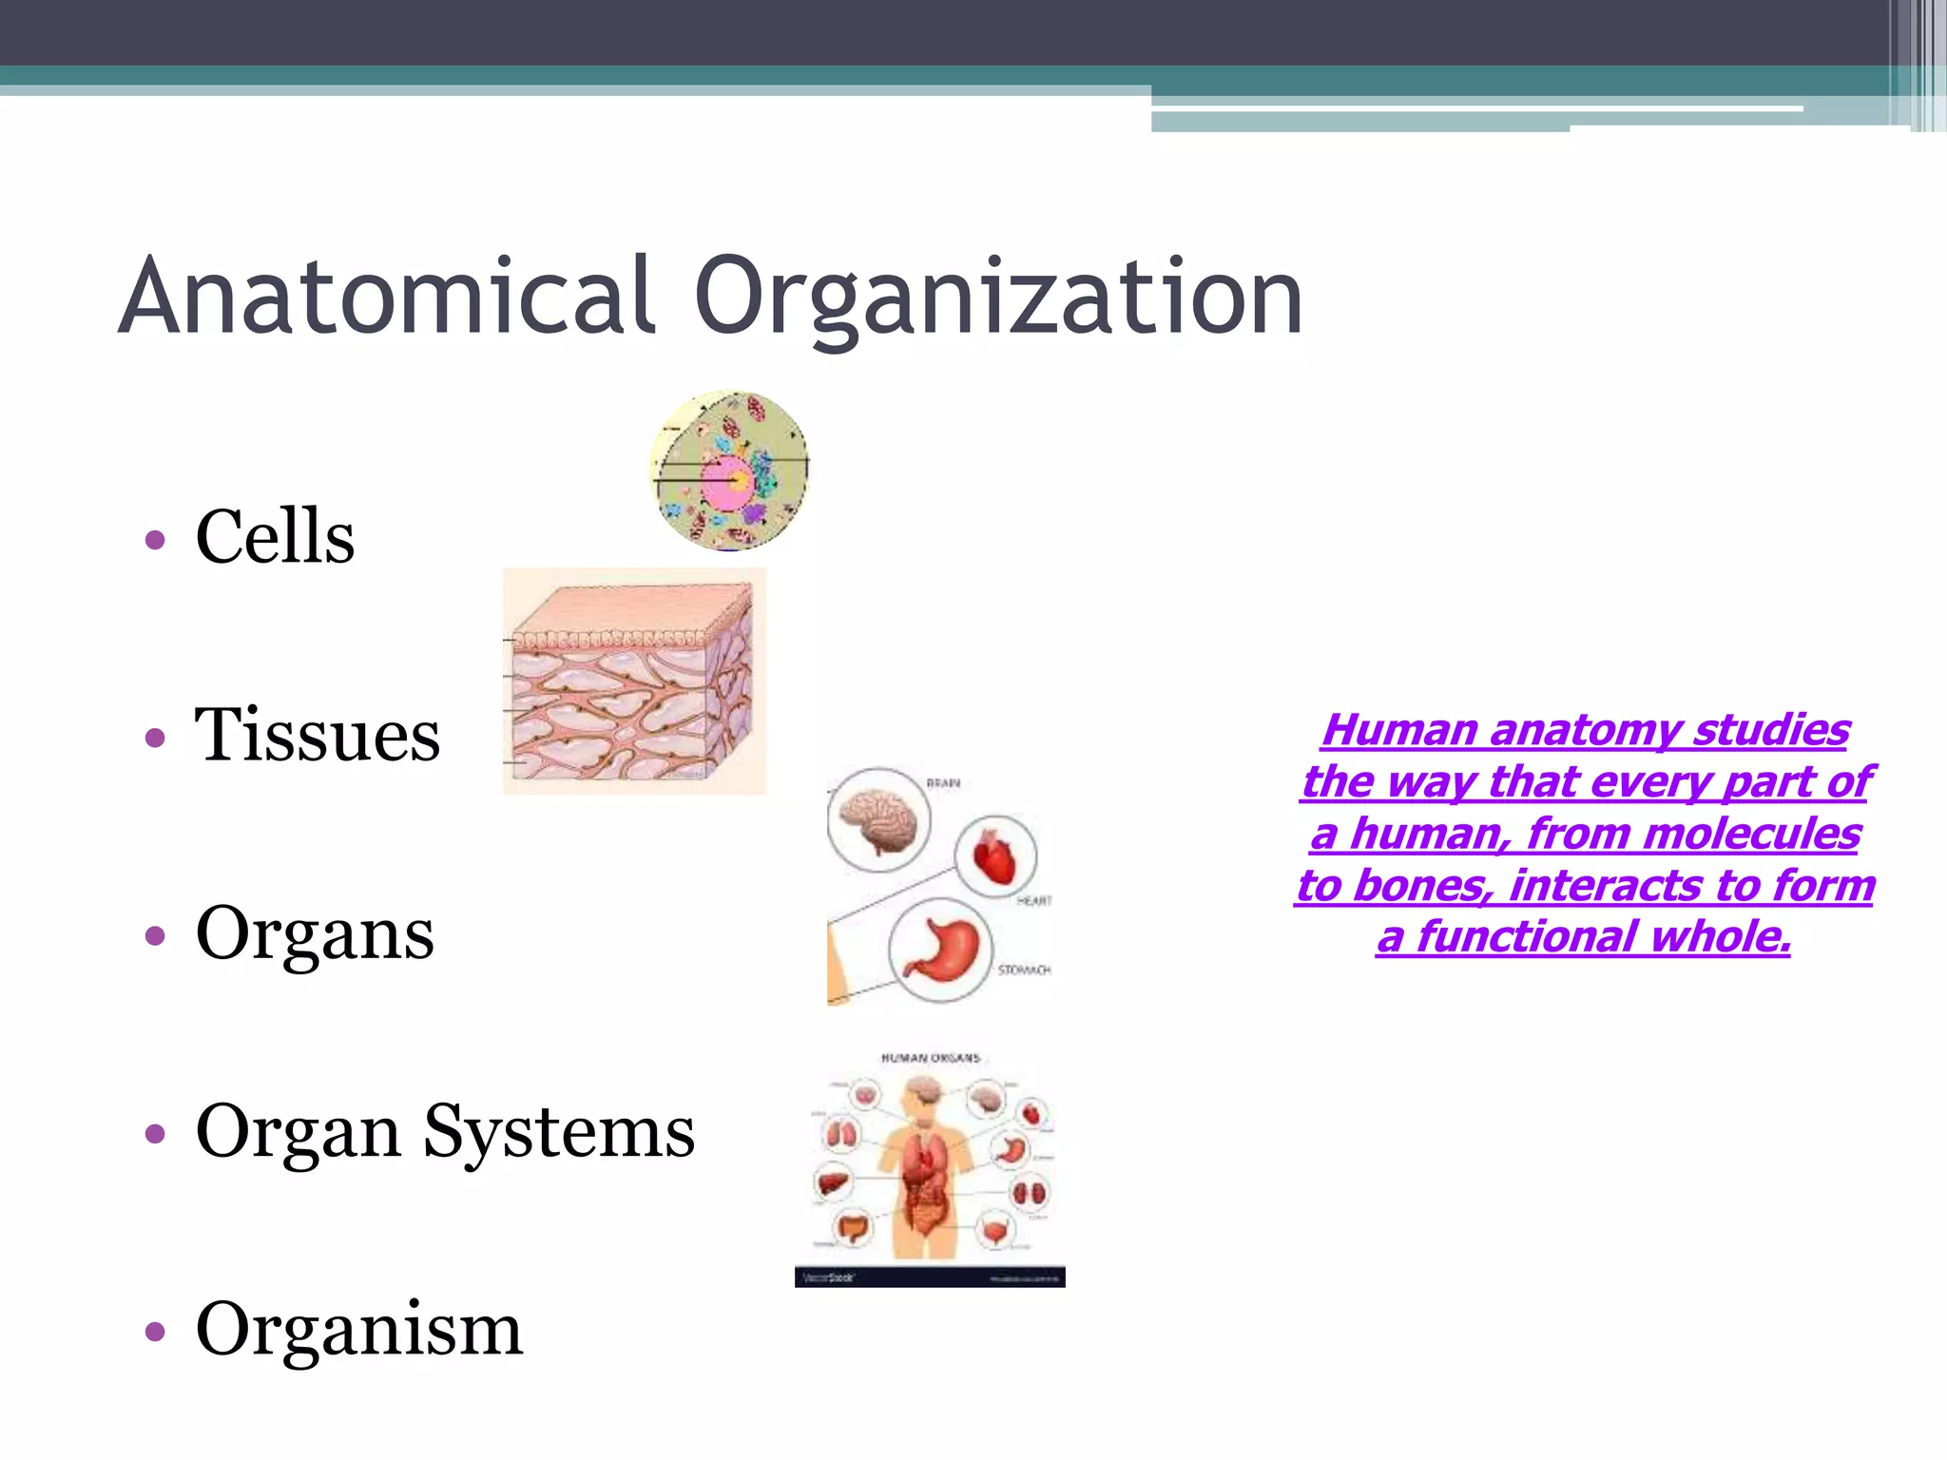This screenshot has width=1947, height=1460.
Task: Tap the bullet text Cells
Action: coord(275,536)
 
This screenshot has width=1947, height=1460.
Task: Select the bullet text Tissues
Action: coord(318,735)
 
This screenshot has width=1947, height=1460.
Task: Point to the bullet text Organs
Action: coord(315,933)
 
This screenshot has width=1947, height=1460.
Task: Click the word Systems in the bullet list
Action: coord(559,1131)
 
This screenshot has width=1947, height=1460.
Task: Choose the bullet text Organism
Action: coord(358,1329)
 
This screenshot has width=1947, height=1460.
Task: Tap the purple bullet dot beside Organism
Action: coord(156,1332)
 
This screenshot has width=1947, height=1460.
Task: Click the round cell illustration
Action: coord(730,471)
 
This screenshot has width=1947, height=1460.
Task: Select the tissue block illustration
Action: coord(634,682)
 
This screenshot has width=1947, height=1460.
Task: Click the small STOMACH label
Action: coord(1024,970)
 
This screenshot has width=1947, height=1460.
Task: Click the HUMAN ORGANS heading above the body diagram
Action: coord(930,1057)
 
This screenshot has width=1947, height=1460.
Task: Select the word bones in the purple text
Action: coord(1412,886)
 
